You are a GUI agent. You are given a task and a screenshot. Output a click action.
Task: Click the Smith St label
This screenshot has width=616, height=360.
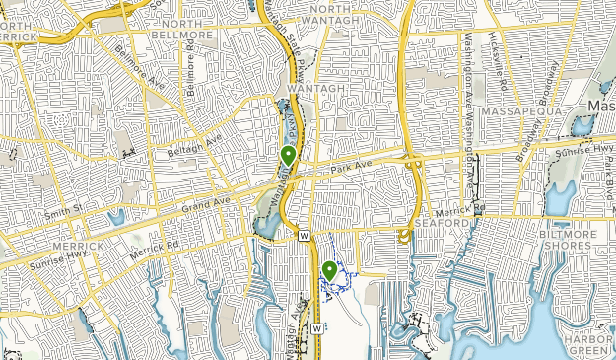(x=63, y=210)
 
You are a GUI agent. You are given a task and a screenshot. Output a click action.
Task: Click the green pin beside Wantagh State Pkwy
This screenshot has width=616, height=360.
(x=288, y=155)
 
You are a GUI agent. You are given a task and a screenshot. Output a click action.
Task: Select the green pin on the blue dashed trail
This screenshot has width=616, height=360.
(x=329, y=270)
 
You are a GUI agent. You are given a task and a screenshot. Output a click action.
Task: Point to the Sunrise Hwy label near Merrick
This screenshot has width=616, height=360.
(x=32, y=256)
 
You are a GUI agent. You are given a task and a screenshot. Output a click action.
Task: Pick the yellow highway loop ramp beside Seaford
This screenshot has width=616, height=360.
(x=403, y=236)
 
